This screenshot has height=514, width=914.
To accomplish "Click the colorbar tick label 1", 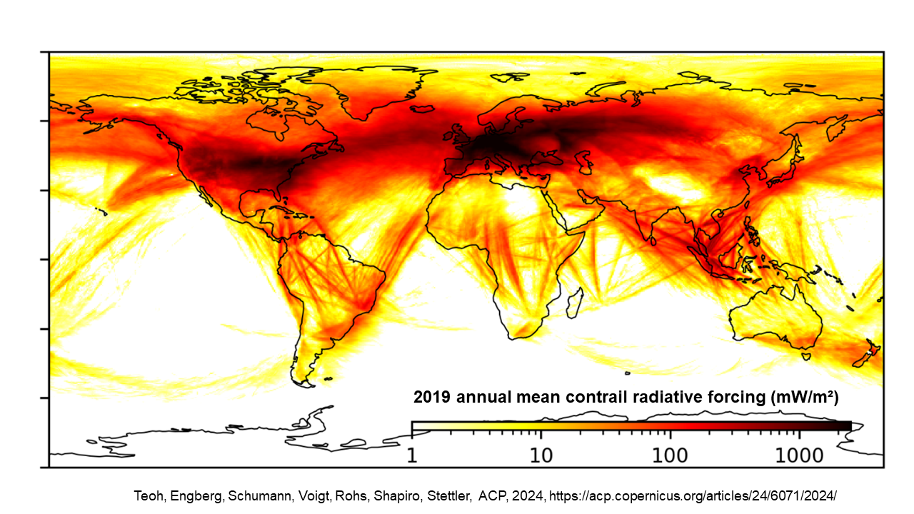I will coord(412,454).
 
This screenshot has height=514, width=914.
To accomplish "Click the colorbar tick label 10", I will coord(541,454).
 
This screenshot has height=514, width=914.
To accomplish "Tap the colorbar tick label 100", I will coord(669,454).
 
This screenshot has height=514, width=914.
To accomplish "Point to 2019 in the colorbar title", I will coord(433,398).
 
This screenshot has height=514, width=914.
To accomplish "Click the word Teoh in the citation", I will coord(148,495).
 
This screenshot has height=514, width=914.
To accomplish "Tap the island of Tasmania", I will coord(806,355).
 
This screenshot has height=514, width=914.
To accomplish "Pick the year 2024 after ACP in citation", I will coord(535,495).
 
